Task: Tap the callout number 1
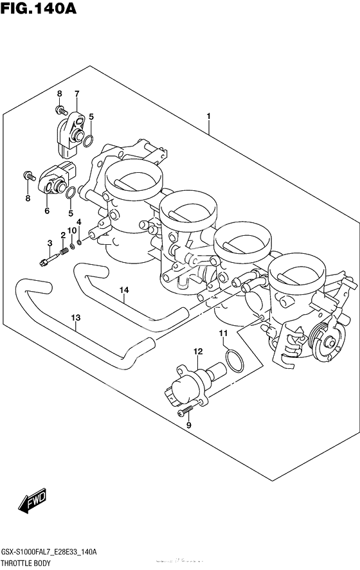tap(209, 116)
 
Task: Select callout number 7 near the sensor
tap(76, 94)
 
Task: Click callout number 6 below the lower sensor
tap(47, 210)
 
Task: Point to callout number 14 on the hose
tap(123, 290)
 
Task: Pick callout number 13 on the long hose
tap(75, 317)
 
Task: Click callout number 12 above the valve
tap(198, 351)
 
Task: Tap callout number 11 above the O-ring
tap(224, 333)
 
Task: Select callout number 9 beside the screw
tap(189, 425)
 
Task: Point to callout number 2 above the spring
tap(63, 235)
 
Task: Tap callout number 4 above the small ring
tap(79, 222)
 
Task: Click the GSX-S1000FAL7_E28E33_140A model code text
tap(49, 552)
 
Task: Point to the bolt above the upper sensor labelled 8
tap(62, 111)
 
